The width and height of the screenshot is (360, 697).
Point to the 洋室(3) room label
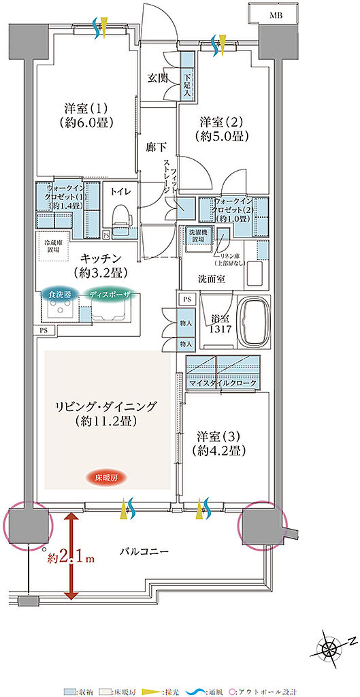point(221,442)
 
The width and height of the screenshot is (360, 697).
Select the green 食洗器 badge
point(56,294)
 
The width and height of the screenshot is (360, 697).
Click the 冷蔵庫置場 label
point(55,246)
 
